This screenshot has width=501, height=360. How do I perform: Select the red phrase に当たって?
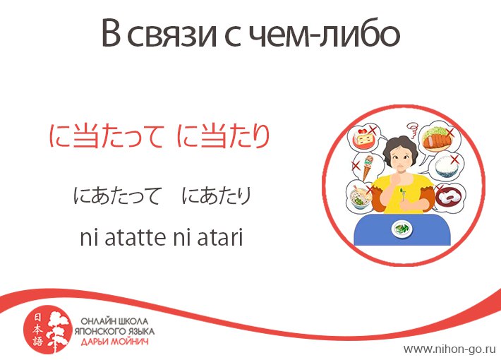[x=107, y=136]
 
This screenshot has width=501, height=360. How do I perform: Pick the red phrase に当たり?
[x=224, y=136]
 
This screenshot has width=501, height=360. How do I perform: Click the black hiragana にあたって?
[x=116, y=196]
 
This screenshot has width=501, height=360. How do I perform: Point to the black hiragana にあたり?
[x=217, y=196]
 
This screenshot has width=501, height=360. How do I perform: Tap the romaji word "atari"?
[x=220, y=238]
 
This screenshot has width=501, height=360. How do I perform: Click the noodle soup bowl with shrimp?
[x=361, y=197]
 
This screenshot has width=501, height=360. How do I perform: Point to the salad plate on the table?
[x=402, y=229]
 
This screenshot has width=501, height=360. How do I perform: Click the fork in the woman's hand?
[x=403, y=195]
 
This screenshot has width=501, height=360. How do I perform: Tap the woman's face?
[x=401, y=160]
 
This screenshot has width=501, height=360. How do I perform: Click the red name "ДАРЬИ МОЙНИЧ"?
[x=115, y=342]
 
